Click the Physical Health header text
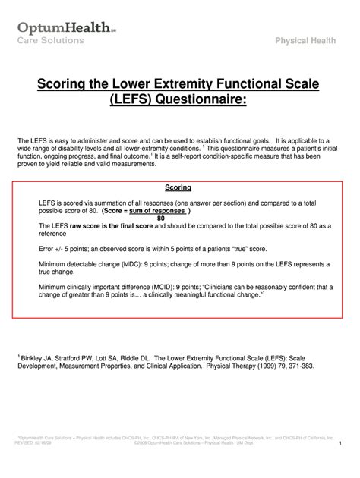pyautogui.click(x=311, y=39)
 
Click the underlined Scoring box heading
pyautogui.click(x=178, y=187)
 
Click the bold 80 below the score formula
pyautogui.click(x=160, y=219)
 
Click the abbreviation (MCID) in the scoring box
pyautogui.click(x=160, y=288)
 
